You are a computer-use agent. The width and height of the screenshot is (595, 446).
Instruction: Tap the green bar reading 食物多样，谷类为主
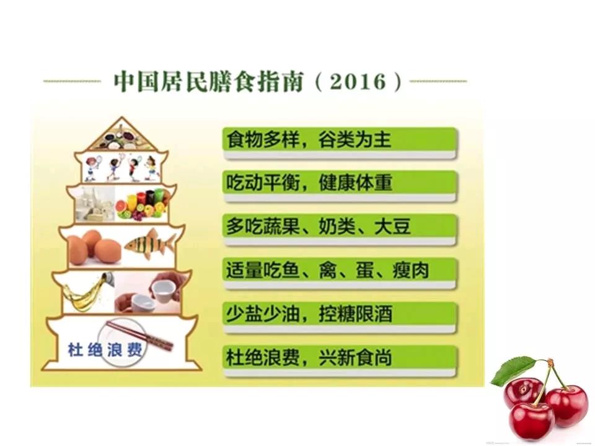(340, 143)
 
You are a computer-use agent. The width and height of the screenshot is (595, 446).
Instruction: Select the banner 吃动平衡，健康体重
(340, 186)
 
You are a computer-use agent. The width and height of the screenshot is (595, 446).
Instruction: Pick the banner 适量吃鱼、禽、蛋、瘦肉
(340, 274)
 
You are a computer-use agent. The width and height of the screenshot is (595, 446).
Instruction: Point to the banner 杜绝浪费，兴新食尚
(340, 361)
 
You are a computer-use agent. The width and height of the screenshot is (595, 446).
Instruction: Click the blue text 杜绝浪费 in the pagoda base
(105, 349)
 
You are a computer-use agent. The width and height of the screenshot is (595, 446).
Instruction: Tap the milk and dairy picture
(95, 204)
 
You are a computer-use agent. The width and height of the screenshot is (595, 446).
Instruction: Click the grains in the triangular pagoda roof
(121, 138)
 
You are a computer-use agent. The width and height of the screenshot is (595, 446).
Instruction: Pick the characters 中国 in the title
(134, 82)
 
